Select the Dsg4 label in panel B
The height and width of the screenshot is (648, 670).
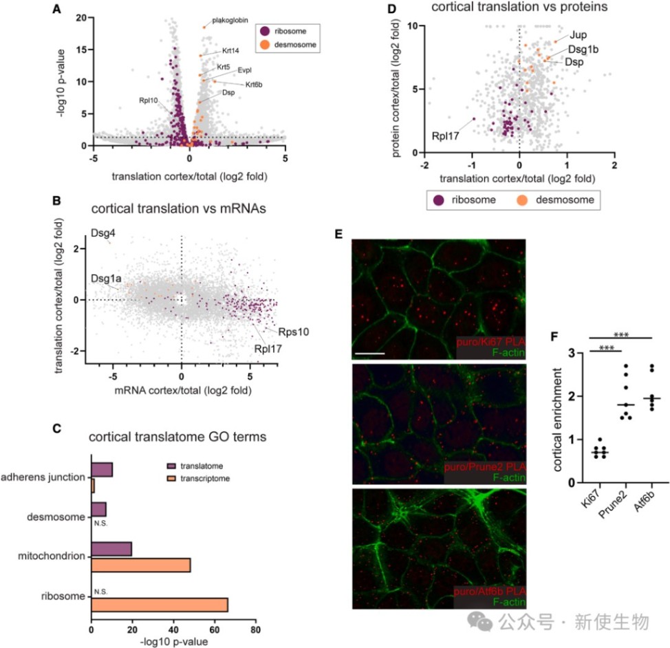click(102, 234)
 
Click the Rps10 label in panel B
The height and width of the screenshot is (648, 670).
click(293, 331)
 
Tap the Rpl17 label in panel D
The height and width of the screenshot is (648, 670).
click(447, 136)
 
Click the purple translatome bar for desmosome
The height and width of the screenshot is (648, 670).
click(98, 509)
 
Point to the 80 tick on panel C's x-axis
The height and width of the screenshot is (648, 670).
click(255, 629)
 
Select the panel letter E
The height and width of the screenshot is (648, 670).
click(337, 234)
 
